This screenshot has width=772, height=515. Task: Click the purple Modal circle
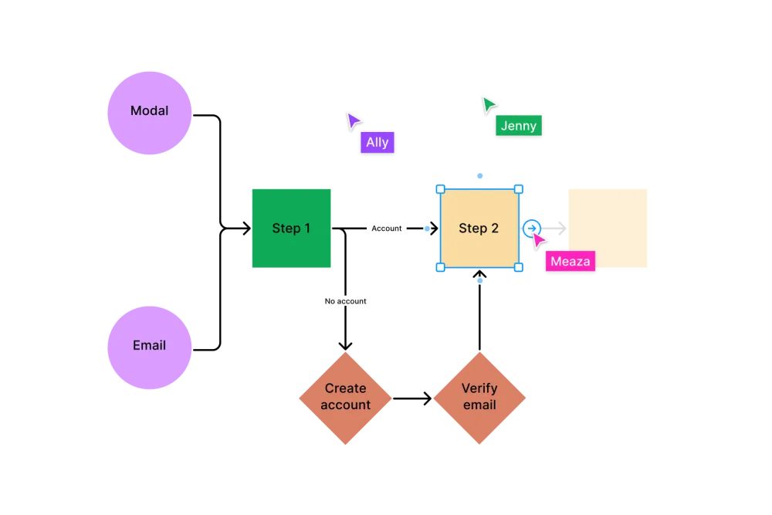point(149,113)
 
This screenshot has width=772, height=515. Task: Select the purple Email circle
point(149,347)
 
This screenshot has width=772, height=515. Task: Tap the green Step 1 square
point(292,228)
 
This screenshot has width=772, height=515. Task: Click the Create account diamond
point(345,398)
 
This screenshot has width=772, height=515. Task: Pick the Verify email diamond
point(479,398)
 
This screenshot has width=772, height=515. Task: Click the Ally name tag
point(378,142)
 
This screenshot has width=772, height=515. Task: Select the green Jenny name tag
point(519,126)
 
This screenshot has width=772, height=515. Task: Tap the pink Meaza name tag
point(571,261)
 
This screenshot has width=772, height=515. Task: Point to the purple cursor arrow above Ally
point(353,120)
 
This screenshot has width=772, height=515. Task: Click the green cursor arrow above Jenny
point(488,104)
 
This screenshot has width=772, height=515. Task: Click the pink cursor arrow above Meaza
point(538,240)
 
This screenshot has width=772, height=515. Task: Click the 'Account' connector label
point(387,229)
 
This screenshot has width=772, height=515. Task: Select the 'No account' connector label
point(345,301)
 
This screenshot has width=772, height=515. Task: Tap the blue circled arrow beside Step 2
point(532,228)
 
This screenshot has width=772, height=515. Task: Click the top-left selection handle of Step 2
point(441,189)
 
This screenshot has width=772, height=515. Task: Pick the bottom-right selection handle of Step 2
point(519,267)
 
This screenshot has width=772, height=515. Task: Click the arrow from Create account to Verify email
point(412,398)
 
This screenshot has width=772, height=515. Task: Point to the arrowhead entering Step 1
point(245,228)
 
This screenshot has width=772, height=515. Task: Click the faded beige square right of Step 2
point(608,228)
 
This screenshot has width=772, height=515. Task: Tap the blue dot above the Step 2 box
point(480,176)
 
